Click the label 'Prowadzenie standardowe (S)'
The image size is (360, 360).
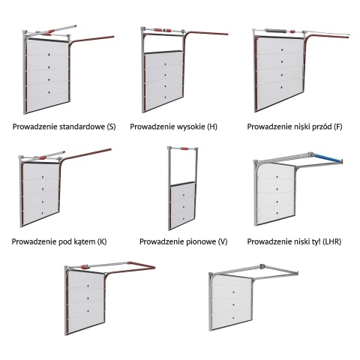tap(64, 127)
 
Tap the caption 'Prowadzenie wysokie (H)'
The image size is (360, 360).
tap(173, 127)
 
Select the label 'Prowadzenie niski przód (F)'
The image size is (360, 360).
tap(295, 127)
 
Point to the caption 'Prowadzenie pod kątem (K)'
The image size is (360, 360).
tap(59, 241)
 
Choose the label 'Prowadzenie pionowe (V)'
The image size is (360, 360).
tap(183, 241)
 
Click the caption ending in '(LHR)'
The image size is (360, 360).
tap(294, 241)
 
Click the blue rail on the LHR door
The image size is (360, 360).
tap(328, 159)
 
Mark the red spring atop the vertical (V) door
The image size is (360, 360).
tap(184, 148)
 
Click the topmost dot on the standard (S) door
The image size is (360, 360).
tap(49, 54)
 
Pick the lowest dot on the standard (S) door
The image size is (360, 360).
tap(49, 92)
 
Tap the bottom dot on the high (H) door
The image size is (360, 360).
tap(165, 97)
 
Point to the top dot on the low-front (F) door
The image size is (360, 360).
tap(282, 49)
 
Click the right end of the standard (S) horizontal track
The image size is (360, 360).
tap(113, 37)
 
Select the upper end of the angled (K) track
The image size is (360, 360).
tap(110, 150)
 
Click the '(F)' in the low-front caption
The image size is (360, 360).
tap(338, 127)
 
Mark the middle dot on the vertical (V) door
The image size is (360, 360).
tap(183, 207)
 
